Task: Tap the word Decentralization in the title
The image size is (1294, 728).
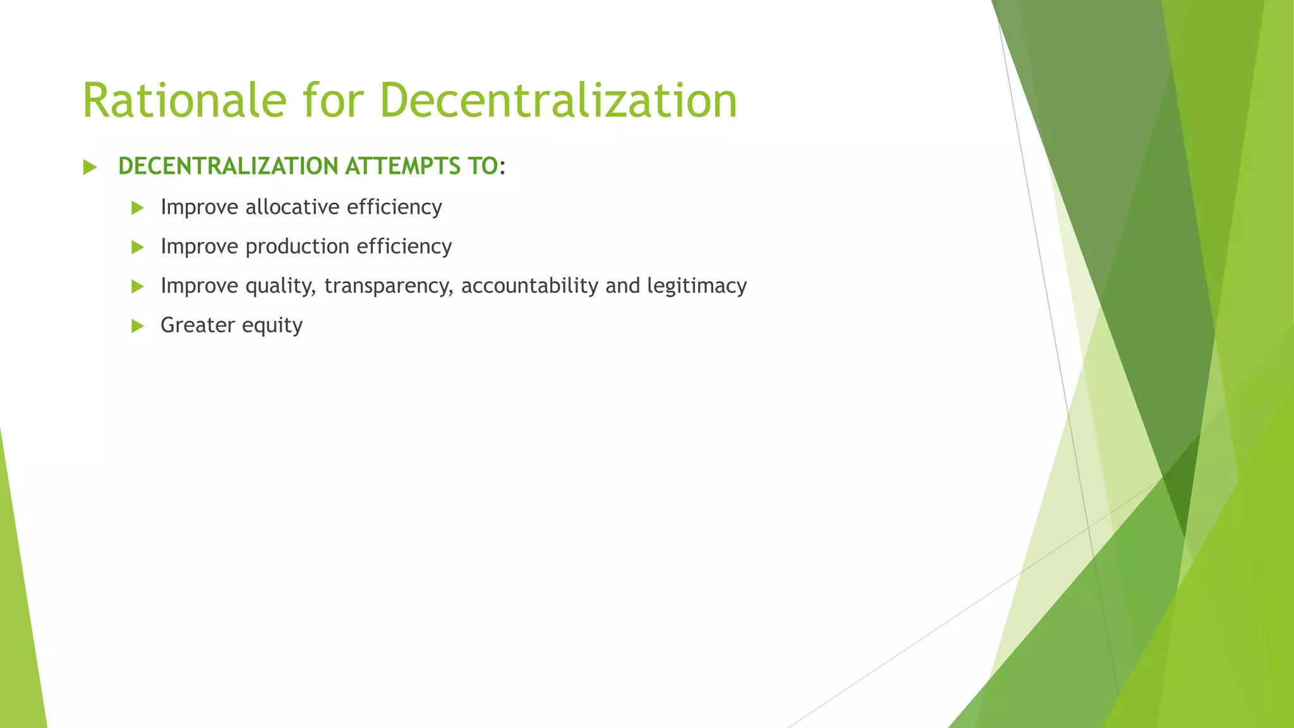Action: coord(558,100)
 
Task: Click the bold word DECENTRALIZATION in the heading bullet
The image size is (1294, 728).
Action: coord(228,166)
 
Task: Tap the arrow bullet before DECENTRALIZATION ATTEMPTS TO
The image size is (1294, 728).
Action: coord(90,167)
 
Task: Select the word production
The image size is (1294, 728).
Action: coord(297,247)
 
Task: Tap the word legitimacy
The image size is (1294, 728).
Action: coord(697,286)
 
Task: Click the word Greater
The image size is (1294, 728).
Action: coord(198,325)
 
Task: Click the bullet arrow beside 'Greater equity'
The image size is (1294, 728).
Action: coord(138,326)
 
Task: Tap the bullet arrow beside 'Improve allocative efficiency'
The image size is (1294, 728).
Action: coord(138,208)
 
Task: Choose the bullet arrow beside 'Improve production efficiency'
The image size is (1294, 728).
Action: coord(138,247)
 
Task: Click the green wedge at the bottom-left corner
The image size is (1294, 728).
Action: coord(19,632)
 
